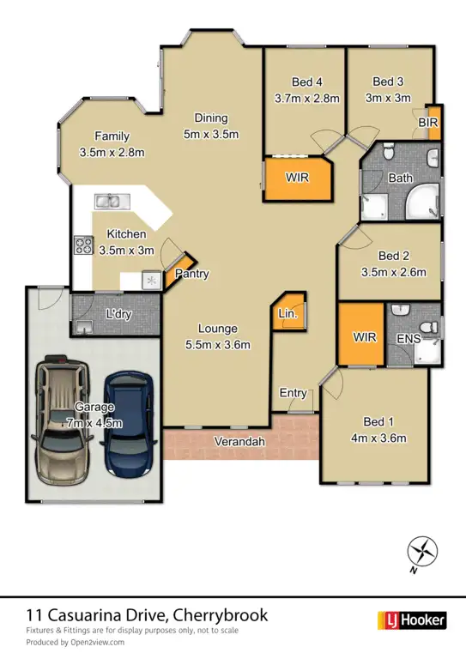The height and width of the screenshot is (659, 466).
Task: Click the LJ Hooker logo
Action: (x=411, y=620)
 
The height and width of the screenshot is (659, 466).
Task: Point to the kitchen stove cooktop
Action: (x=83, y=245)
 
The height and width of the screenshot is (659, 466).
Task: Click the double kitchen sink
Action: (x=112, y=203)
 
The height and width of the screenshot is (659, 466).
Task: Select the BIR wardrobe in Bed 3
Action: (x=433, y=123)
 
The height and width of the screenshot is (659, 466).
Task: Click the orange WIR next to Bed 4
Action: (x=297, y=178)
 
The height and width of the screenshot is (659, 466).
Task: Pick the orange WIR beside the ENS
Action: (x=365, y=336)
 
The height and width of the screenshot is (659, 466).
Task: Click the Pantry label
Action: (x=192, y=275)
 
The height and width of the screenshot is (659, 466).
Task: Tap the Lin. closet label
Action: (x=287, y=316)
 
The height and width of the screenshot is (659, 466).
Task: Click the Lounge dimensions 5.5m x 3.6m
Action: (x=217, y=345)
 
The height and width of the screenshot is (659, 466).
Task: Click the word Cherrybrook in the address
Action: (x=221, y=614)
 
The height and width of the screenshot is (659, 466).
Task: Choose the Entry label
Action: (x=294, y=393)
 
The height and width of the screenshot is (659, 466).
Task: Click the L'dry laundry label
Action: (x=118, y=315)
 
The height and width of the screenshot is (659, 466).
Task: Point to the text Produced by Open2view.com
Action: (x=75, y=642)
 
